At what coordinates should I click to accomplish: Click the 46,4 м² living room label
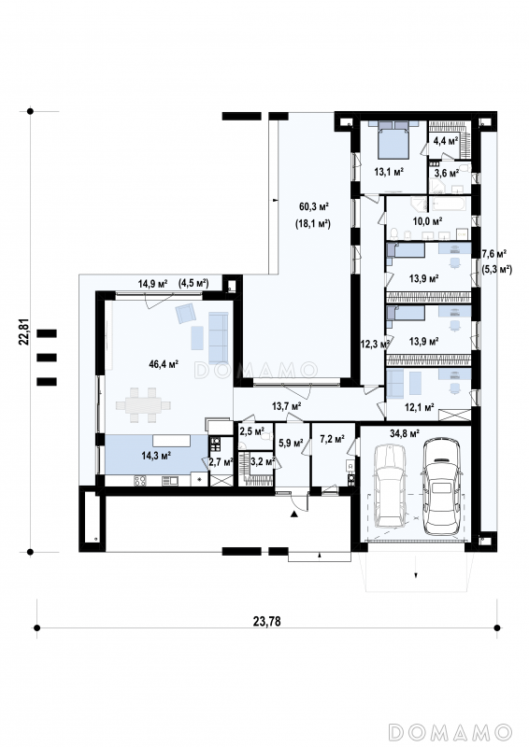pyautogui.click(x=164, y=364)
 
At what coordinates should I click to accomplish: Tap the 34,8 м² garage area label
pyautogui.click(x=405, y=433)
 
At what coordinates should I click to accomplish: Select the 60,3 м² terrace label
pyautogui.click(x=314, y=206)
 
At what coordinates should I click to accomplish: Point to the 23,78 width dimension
pyautogui.click(x=266, y=621)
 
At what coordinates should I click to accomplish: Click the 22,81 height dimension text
pyautogui.click(x=27, y=331)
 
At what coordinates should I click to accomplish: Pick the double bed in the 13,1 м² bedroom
pyautogui.click(x=393, y=139)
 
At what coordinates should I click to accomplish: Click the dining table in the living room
pyautogui.click(x=143, y=405)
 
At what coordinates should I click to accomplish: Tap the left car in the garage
pyautogui.click(x=392, y=486)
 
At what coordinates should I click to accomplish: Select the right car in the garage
pyautogui.click(x=442, y=486)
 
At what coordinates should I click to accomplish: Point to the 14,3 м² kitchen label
pyautogui.click(x=156, y=456)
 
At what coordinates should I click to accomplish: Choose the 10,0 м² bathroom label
pyautogui.click(x=427, y=220)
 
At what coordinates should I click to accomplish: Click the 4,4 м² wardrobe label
pyautogui.click(x=446, y=141)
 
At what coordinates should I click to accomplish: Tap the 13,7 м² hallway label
pyautogui.click(x=286, y=406)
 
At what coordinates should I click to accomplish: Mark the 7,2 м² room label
pyautogui.click(x=332, y=439)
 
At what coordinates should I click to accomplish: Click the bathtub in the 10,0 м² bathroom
pyautogui.click(x=449, y=204)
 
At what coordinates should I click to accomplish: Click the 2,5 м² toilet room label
pyautogui.click(x=251, y=431)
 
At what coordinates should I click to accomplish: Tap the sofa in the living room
pyautogui.click(x=218, y=338)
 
